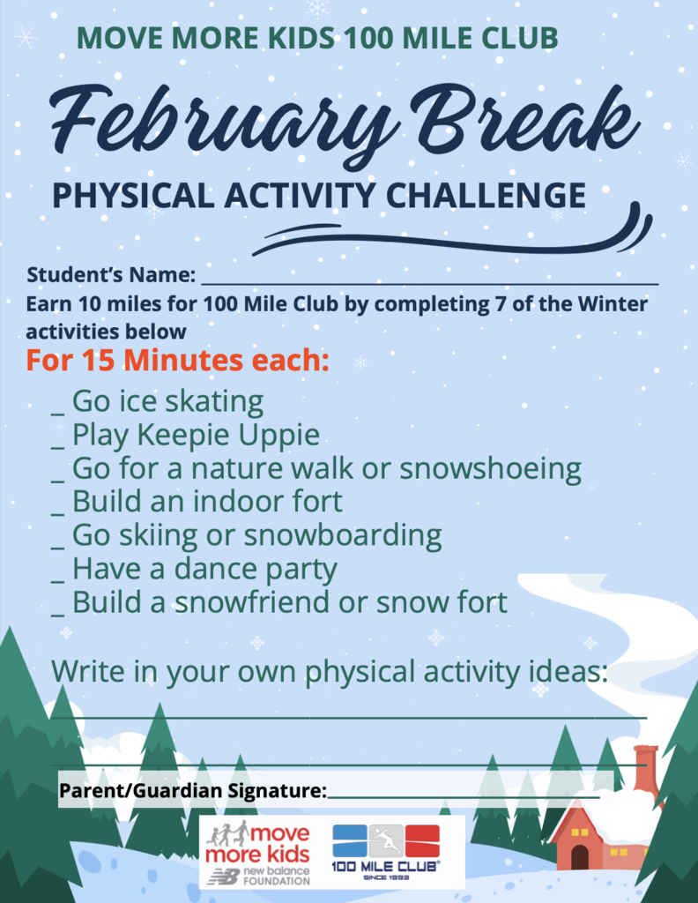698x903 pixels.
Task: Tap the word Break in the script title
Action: click(524, 117)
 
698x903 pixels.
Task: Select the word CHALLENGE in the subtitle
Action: click(486, 195)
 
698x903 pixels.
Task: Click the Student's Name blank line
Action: click(430, 283)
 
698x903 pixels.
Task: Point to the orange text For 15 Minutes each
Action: click(177, 360)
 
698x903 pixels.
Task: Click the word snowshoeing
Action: click(490, 469)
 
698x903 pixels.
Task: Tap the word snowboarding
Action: click(343, 536)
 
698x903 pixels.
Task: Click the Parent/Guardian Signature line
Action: click(464, 797)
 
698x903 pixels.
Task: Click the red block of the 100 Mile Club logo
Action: click(422, 840)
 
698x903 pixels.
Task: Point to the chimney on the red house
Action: click(647, 770)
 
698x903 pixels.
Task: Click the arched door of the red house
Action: click(579, 856)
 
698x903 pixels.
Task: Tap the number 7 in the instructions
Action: click(501, 304)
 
